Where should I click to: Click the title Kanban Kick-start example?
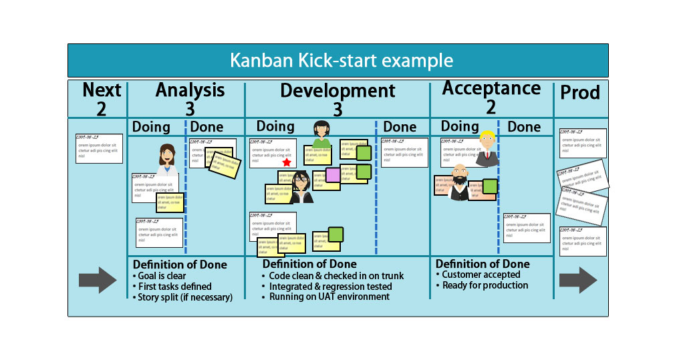342,61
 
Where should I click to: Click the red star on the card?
287,162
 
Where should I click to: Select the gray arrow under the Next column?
98,279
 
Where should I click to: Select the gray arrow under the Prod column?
577,279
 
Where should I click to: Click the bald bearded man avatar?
460,182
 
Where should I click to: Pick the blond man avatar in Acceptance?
487,148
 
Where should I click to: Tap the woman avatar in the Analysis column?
167,155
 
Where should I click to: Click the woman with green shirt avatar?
321,134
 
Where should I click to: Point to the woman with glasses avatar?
300,187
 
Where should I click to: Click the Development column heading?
337,91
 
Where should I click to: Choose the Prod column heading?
579,93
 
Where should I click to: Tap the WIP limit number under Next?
102,109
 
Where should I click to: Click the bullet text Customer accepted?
481,275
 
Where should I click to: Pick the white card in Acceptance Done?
526,228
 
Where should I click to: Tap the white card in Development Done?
404,152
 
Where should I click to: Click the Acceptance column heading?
491,88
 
